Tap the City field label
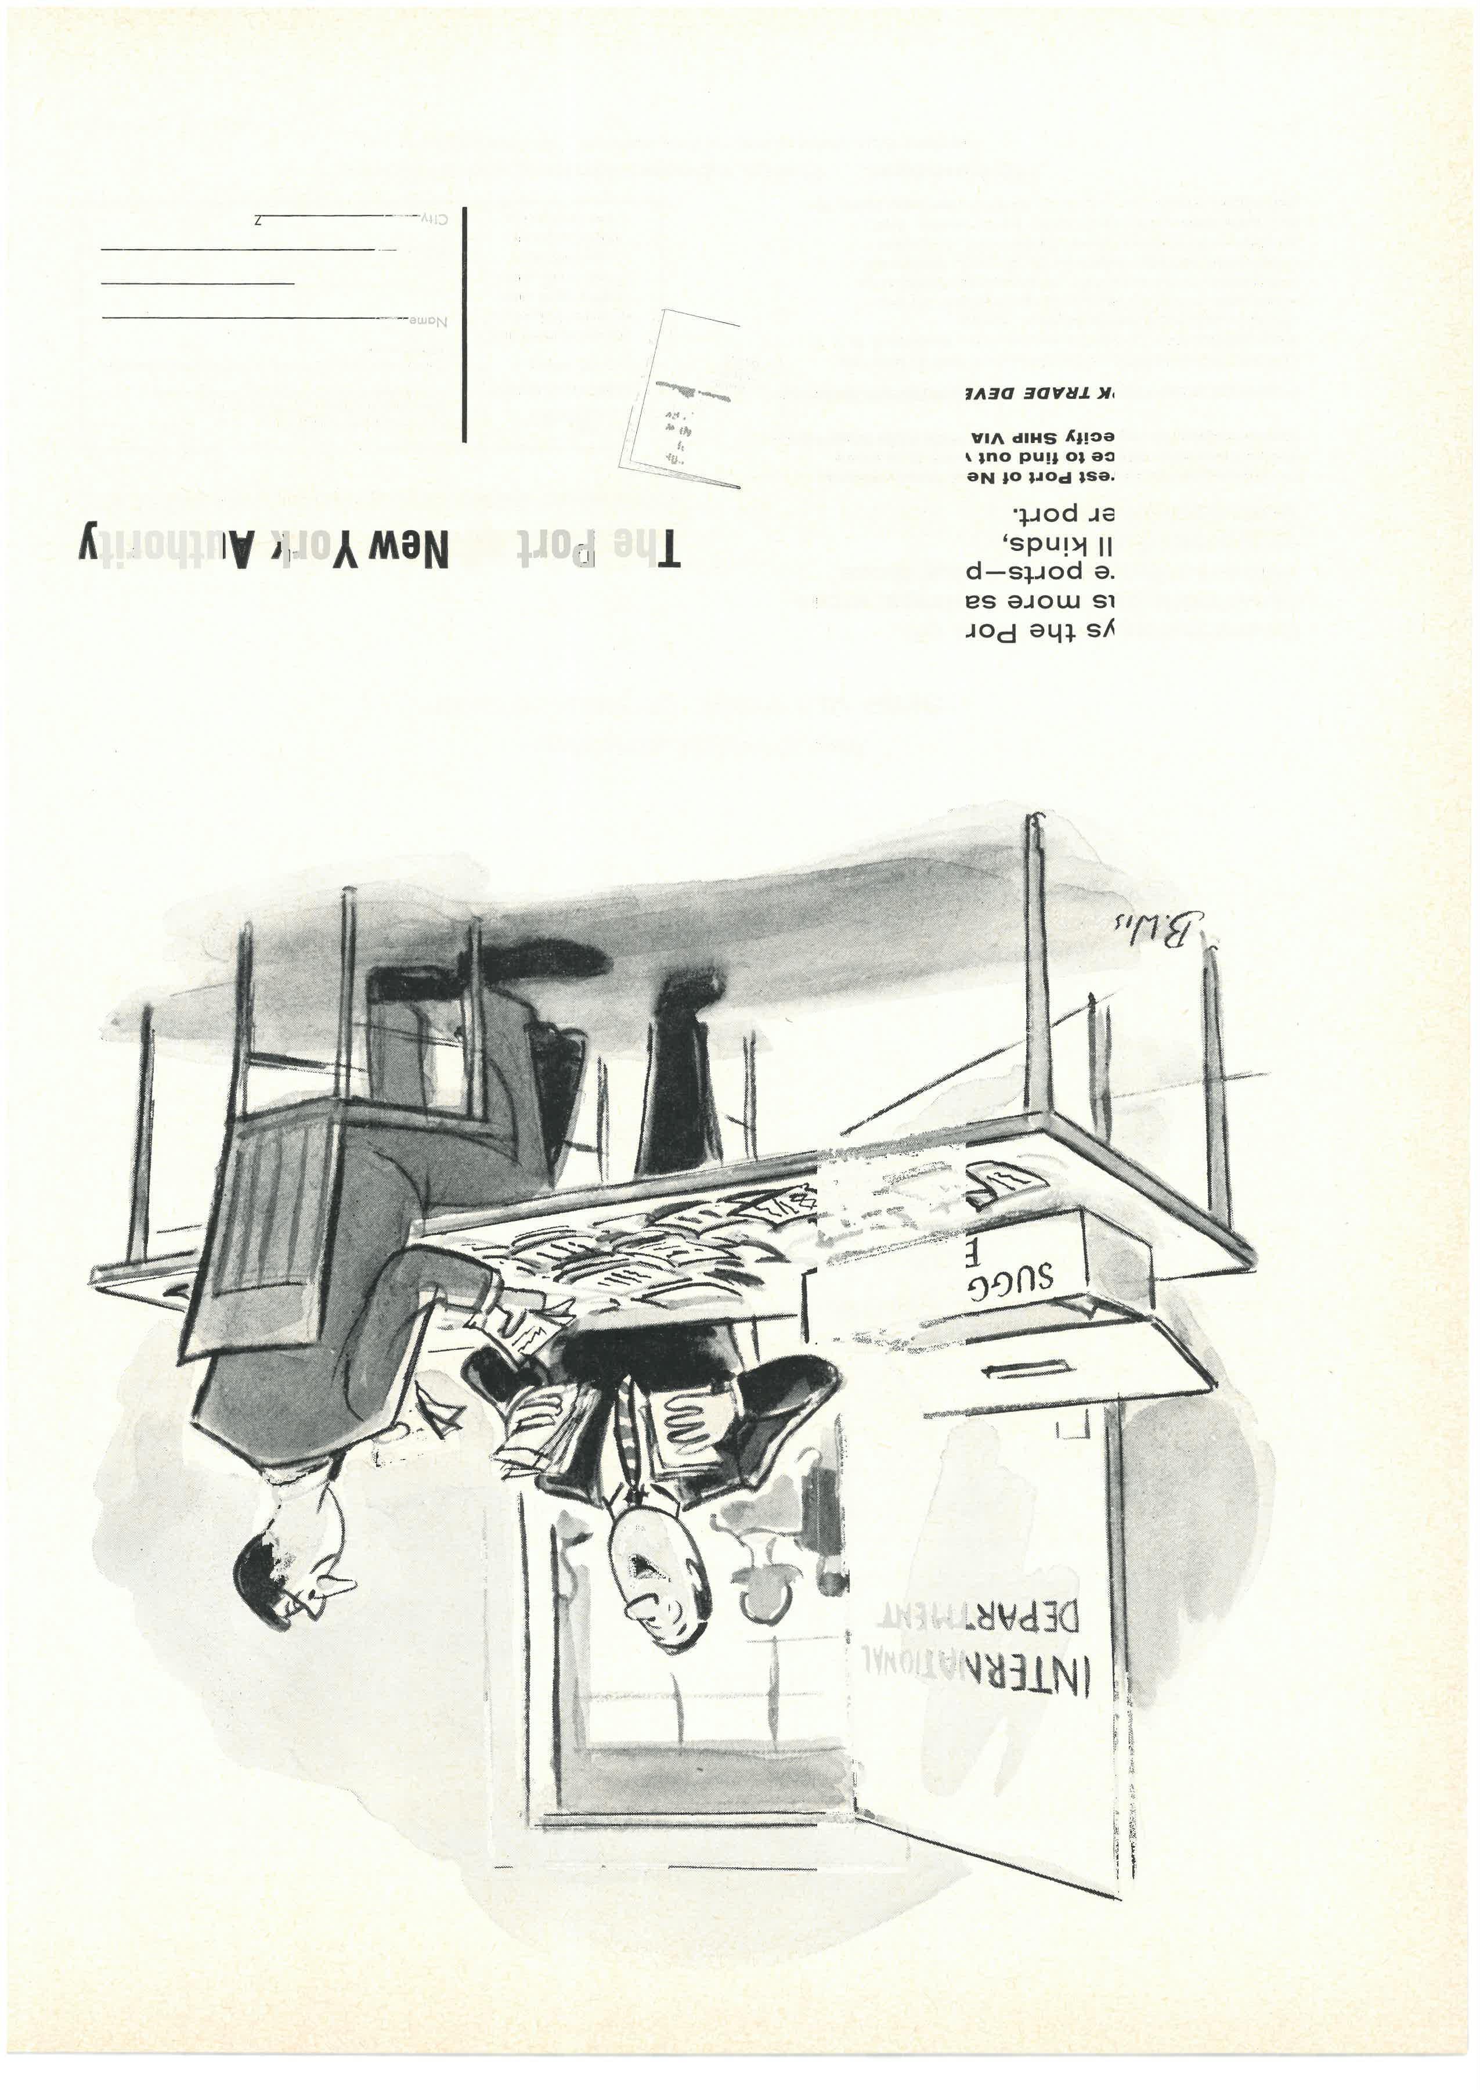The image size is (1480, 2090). (x=434, y=219)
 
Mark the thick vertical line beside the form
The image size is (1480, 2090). (x=465, y=325)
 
